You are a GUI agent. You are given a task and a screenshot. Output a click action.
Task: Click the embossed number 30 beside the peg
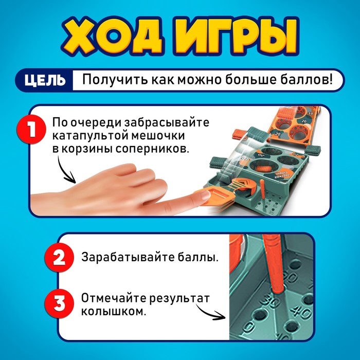268,299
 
